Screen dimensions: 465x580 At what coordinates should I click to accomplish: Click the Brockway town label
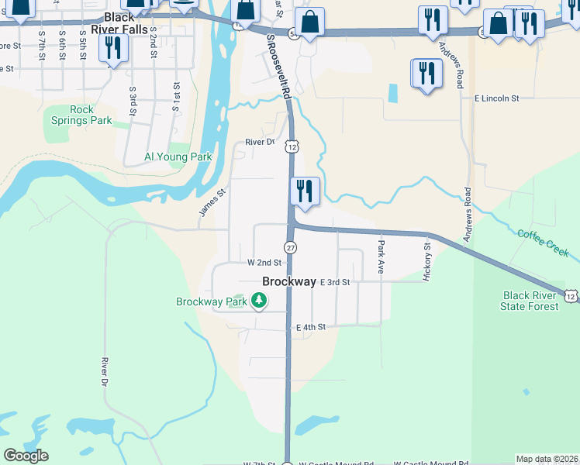(289, 282)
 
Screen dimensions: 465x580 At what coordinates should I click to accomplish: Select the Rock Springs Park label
(81, 115)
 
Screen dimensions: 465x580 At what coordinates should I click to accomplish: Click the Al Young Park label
(178, 157)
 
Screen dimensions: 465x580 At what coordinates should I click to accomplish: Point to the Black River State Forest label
(530, 301)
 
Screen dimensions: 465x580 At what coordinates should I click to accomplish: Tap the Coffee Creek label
(544, 242)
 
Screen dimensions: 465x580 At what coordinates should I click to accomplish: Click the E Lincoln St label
(496, 99)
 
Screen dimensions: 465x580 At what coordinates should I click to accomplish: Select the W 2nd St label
(264, 263)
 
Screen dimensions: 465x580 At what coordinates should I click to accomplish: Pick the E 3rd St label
(335, 283)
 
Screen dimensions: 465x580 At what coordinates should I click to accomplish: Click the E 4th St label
(310, 328)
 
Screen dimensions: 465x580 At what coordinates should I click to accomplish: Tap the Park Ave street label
(381, 257)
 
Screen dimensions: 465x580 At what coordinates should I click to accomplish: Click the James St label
(212, 203)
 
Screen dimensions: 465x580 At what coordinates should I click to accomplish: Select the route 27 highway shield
(290, 247)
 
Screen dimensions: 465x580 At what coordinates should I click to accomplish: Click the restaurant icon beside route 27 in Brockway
(305, 191)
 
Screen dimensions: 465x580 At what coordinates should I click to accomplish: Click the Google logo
(26, 456)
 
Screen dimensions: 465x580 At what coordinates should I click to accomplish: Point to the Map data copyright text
(547, 460)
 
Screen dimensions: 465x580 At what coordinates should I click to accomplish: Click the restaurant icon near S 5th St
(113, 48)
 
